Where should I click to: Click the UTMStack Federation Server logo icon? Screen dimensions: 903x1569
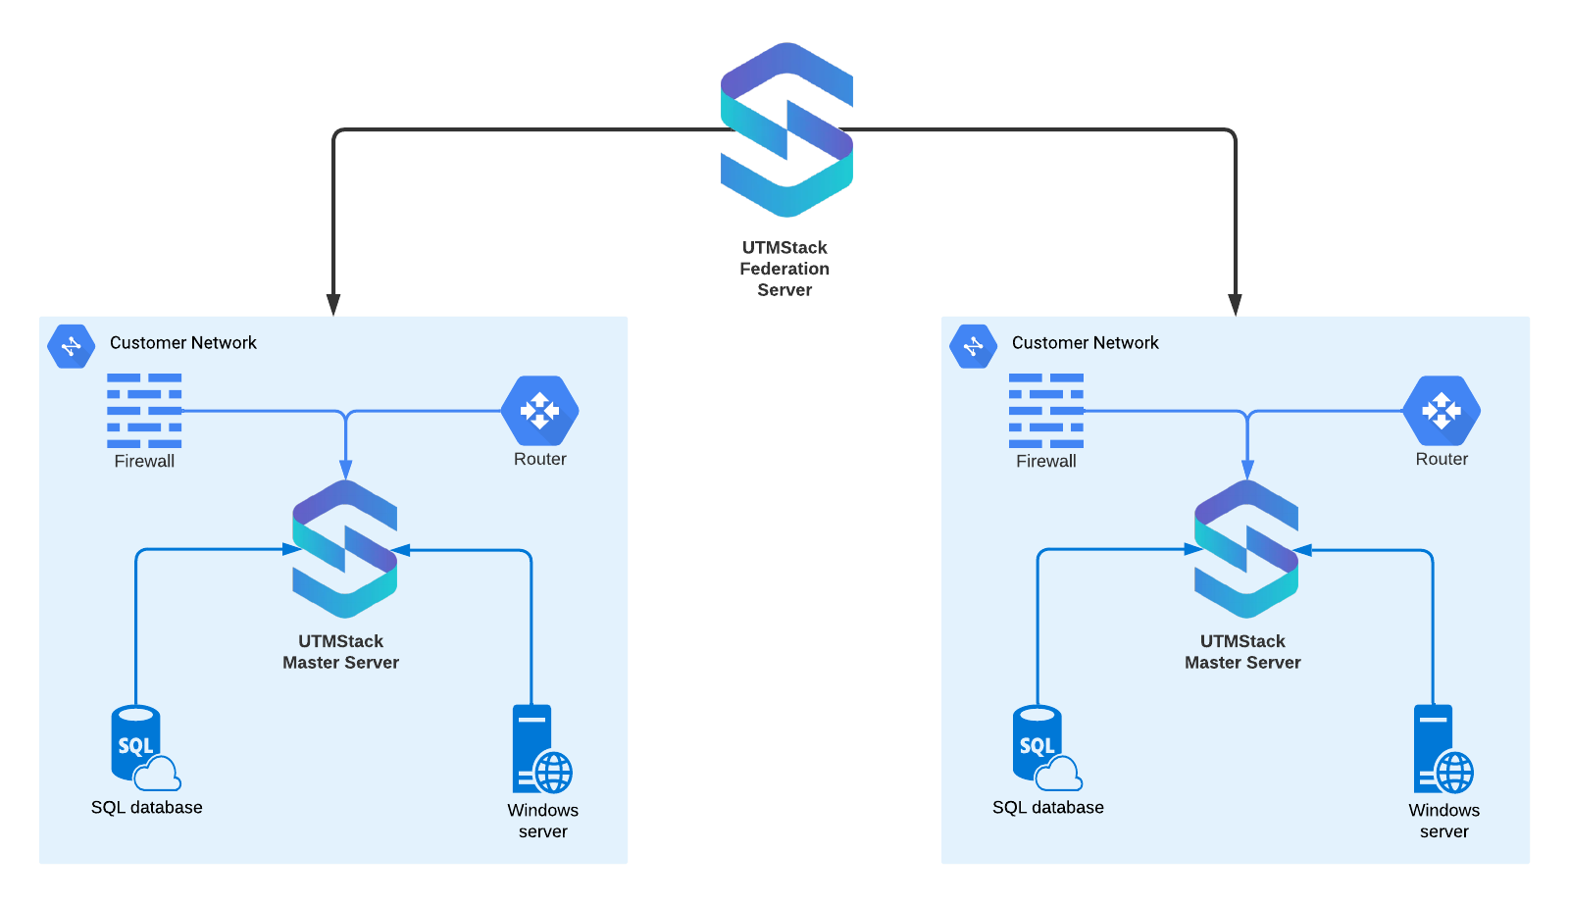[786, 129]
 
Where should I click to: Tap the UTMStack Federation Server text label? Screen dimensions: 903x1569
[784, 269]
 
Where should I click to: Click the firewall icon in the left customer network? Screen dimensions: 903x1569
[144, 410]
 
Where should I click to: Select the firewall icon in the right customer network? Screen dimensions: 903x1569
[1046, 410]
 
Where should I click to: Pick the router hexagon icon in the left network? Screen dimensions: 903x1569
[539, 411]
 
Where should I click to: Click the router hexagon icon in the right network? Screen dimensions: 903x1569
[1442, 411]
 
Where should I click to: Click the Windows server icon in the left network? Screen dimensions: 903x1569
[540, 749]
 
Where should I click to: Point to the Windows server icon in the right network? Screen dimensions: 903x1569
[1442, 749]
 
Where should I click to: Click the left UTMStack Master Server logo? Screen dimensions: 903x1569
[344, 549]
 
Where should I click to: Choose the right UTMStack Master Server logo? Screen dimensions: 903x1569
[1246, 549]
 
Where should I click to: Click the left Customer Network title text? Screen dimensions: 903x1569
[183, 342]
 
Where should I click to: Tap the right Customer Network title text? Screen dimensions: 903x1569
[1086, 342]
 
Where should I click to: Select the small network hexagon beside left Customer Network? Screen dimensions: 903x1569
[72, 346]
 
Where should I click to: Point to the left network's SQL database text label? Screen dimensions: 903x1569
[147, 807]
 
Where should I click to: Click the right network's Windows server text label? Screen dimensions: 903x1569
[1444, 821]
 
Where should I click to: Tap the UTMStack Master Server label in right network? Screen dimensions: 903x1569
[1242, 652]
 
